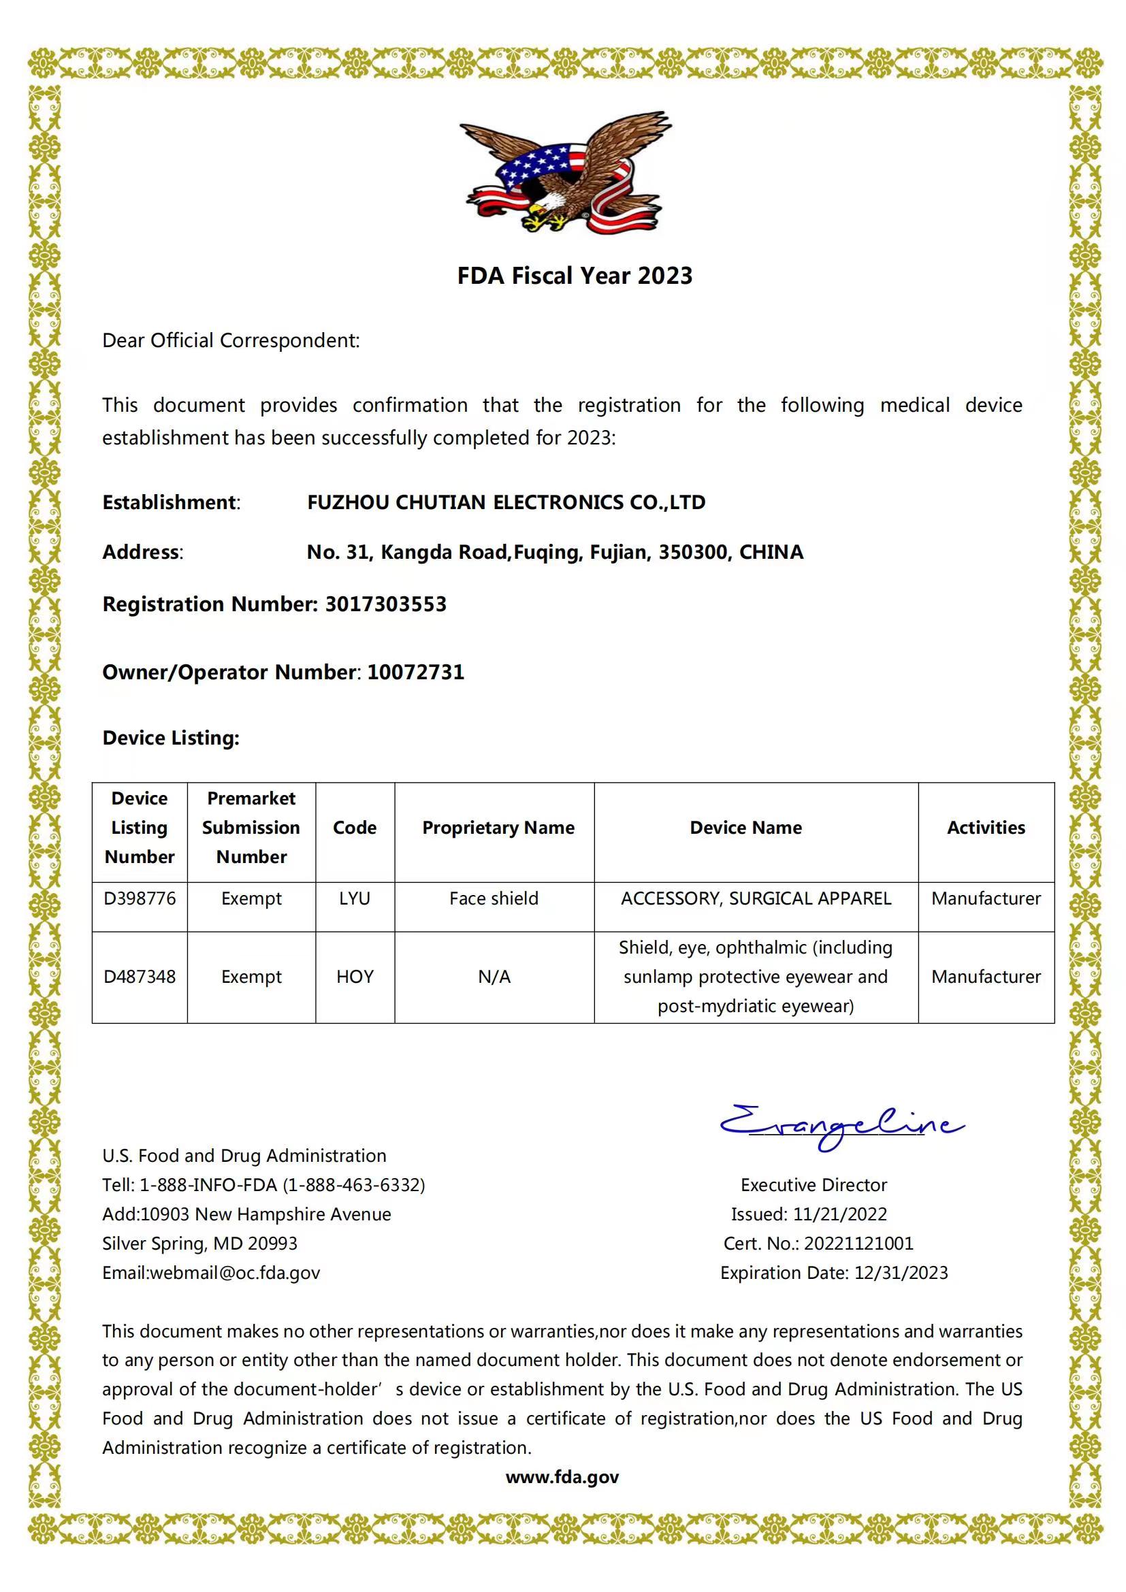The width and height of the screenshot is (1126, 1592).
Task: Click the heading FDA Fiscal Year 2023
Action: point(574,276)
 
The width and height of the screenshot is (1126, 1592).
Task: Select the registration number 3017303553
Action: point(385,604)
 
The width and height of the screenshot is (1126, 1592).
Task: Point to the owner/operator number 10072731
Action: point(415,672)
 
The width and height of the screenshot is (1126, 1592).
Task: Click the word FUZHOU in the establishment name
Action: point(348,502)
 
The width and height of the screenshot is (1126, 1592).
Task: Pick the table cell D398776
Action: point(140,898)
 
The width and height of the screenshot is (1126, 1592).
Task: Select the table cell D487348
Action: point(140,977)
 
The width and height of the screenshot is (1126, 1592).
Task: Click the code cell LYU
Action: point(354,898)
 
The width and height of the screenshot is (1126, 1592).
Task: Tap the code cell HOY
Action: point(354,977)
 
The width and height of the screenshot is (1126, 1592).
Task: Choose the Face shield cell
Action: point(494,898)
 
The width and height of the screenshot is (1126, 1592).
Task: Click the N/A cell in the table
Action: point(494,977)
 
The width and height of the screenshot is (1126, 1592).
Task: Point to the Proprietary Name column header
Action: point(498,828)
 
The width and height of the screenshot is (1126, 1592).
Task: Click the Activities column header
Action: point(985,828)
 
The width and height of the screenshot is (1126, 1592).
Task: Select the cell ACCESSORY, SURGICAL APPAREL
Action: point(756,898)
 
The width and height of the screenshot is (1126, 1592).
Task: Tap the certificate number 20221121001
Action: point(858,1244)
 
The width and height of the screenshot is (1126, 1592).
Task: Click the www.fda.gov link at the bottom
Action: point(562,1477)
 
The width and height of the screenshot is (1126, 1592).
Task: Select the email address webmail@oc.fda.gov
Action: point(234,1272)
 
